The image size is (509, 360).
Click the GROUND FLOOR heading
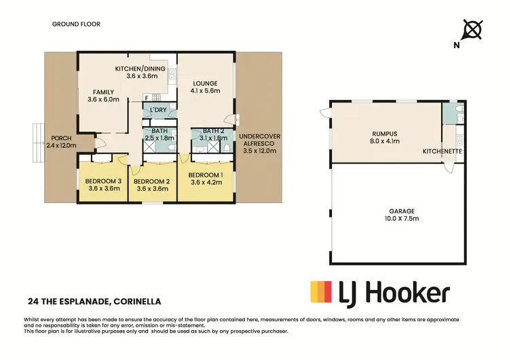[x=76, y=24]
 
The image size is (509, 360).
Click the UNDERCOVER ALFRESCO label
[x=261, y=140]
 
